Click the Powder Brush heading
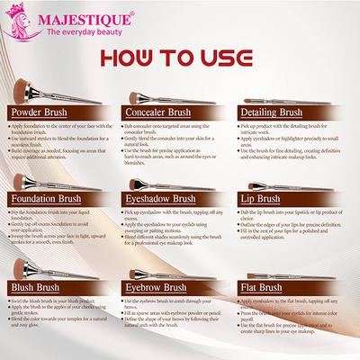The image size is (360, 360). [41, 113]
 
